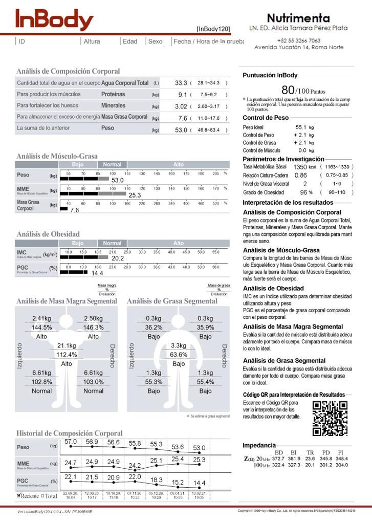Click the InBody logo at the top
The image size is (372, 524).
click(54, 20)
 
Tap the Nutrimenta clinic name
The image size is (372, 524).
click(298, 18)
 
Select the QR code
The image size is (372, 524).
click(330, 418)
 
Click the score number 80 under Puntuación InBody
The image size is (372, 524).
click(288, 90)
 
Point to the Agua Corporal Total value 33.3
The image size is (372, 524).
click(181, 82)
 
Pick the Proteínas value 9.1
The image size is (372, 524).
click(182, 94)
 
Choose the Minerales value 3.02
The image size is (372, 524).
click(181, 106)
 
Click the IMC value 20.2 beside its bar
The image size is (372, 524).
click(118, 258)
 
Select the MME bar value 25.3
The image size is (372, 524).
click(135, 195)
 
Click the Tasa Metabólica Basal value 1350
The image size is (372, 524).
click(300, 167)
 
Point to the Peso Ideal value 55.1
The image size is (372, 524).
click(301, 126)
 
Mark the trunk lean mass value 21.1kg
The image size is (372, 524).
click(67, 345)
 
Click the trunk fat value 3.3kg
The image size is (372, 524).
click(178, 345)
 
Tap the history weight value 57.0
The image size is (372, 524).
click(71, 441)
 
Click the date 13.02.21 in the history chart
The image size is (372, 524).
click(199, 493)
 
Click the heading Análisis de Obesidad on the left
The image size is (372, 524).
click(48, 234)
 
